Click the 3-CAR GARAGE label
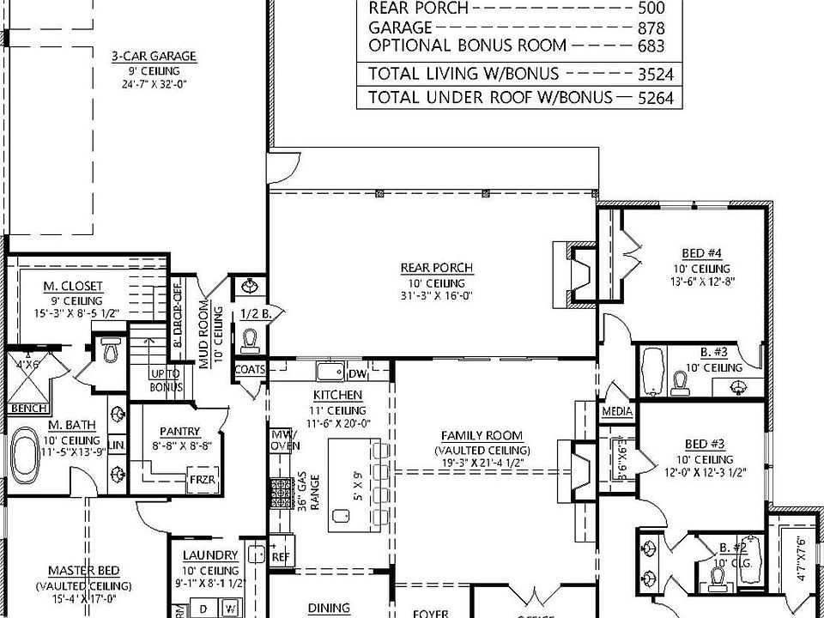point(154,57)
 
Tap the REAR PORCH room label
point(437,268)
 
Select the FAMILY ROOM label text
point(482,436)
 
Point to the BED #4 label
point(702,253)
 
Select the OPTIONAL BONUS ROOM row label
point(467,45)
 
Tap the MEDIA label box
point(616,412)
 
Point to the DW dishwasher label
point(357,373)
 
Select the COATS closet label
point(250,369)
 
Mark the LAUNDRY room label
point(209,555)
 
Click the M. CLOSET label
point(73,286)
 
